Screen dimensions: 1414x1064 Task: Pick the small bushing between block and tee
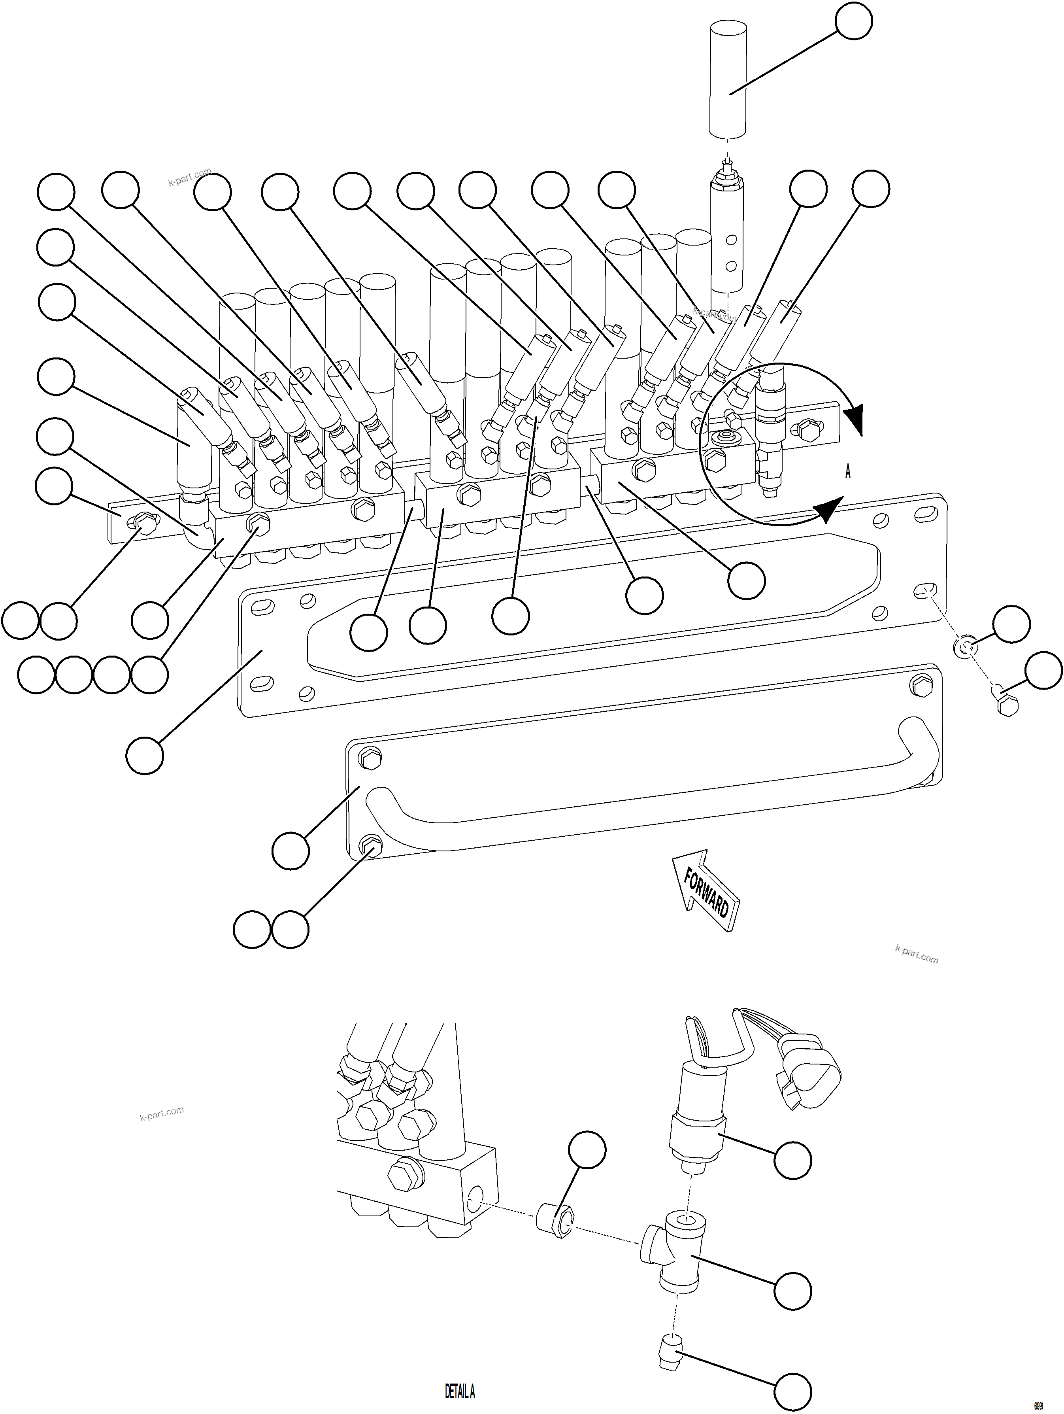pos(556,1220)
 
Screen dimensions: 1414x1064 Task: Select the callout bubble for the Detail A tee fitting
pos(793,1290)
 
